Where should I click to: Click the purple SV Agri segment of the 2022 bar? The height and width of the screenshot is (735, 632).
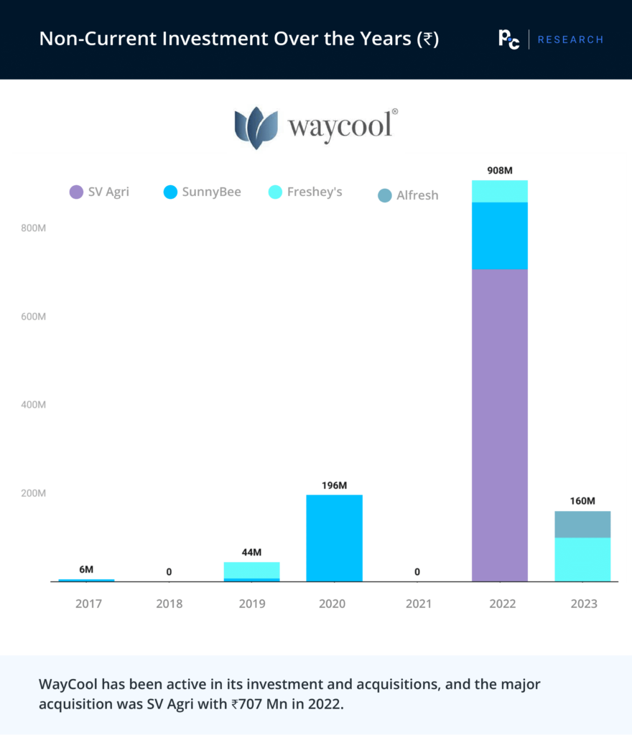click(500, 425)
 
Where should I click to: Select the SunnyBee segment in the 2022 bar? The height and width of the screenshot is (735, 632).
click(500, 235)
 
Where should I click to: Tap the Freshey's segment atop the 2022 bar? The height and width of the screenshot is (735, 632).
click(500, 192)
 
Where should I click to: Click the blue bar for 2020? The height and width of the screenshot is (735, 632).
click(334, 538)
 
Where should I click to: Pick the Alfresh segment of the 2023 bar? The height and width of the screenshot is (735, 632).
click(582, 524)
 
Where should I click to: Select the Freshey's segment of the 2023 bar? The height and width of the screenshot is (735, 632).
click(582, 559)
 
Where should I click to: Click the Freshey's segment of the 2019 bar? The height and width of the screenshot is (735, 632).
click(251, 570)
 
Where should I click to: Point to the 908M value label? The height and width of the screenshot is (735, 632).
click(500, 171)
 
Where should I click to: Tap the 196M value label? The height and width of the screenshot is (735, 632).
click(334, 485)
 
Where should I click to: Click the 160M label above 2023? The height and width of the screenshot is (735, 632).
click(582, 501)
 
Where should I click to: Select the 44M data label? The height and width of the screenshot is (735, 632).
click(251, 552)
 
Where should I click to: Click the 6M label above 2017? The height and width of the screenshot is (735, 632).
click(86, 569)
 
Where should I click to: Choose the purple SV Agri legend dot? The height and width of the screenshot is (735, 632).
click(76, 192)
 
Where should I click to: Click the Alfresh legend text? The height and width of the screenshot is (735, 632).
click(417, 195)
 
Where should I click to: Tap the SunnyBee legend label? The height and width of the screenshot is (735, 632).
click(211, 192)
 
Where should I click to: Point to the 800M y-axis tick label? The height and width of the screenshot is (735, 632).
click(33, 228)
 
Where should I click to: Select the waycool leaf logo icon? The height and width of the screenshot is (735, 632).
click(256, 127)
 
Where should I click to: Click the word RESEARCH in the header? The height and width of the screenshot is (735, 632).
click(570, 39)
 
